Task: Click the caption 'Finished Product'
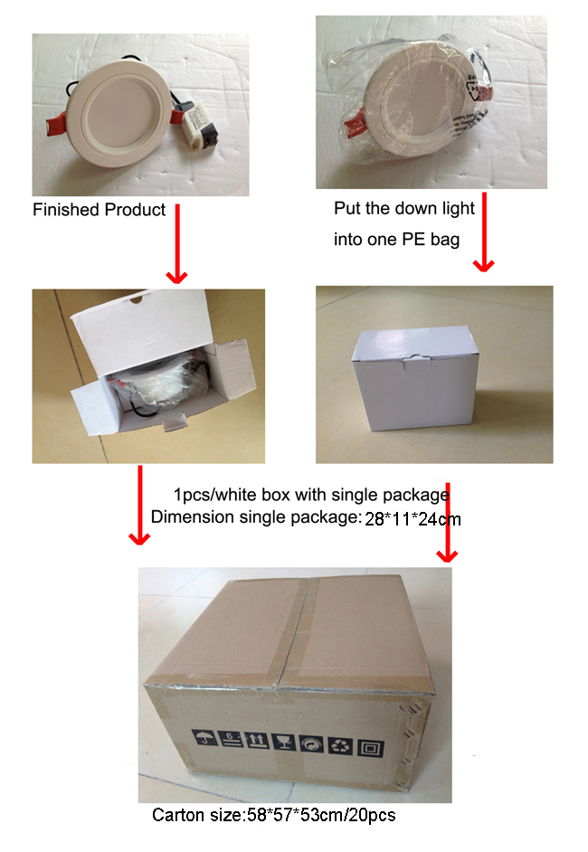coord(99,210)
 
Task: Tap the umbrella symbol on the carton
coord(204,738)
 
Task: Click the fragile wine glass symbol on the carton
coord(284,742)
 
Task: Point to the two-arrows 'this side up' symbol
coord(257,740)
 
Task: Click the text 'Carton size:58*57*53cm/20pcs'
coord(274,815)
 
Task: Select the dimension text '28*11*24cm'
coord(413,519)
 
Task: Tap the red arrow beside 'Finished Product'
coord(177,243)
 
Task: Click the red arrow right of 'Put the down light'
coord(484,232)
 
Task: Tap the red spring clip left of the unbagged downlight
coord(56,123)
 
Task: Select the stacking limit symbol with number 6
coord(231,739)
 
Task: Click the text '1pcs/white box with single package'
coord(311,495)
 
